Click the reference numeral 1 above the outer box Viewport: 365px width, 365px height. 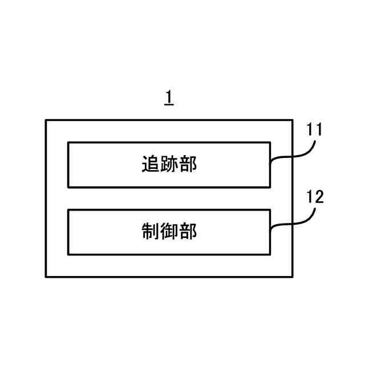coord(169,98)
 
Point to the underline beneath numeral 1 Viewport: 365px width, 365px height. coord(169,106)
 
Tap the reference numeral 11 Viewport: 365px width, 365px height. coord(314,129)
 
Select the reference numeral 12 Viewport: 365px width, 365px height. coord(315,197)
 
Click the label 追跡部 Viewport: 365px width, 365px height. coord(169,165)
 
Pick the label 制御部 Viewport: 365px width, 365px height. coord(169,232)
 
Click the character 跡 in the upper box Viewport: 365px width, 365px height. coord(169,165)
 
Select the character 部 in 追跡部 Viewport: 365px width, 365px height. coord(188,165)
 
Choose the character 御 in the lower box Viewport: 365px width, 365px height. coord(169,232)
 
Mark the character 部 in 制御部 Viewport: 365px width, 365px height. coord(188,232)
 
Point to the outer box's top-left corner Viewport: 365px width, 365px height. coord(46,120)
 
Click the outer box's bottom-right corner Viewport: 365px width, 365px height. coord(293,277)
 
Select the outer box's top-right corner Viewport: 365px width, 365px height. coord(293,120)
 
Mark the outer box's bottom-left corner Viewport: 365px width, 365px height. coord(46,277)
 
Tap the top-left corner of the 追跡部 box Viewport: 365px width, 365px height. coord(68,143)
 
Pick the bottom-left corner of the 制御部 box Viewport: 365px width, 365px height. coord(68,254)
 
